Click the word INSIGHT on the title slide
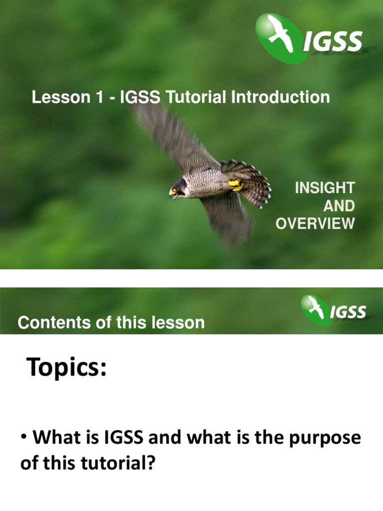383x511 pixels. click(325, 188)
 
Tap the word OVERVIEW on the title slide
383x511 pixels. click(315, 224)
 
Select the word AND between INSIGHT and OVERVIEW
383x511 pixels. click(339, 206)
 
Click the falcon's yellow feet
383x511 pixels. click(235, 185)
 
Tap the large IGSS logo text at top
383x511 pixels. click(333, 41)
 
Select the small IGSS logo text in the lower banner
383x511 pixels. click(348, 313)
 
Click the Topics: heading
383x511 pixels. click(67, 368)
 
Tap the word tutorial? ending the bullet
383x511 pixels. click(118, 464)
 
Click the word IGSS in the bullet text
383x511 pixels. click(124, 438)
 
